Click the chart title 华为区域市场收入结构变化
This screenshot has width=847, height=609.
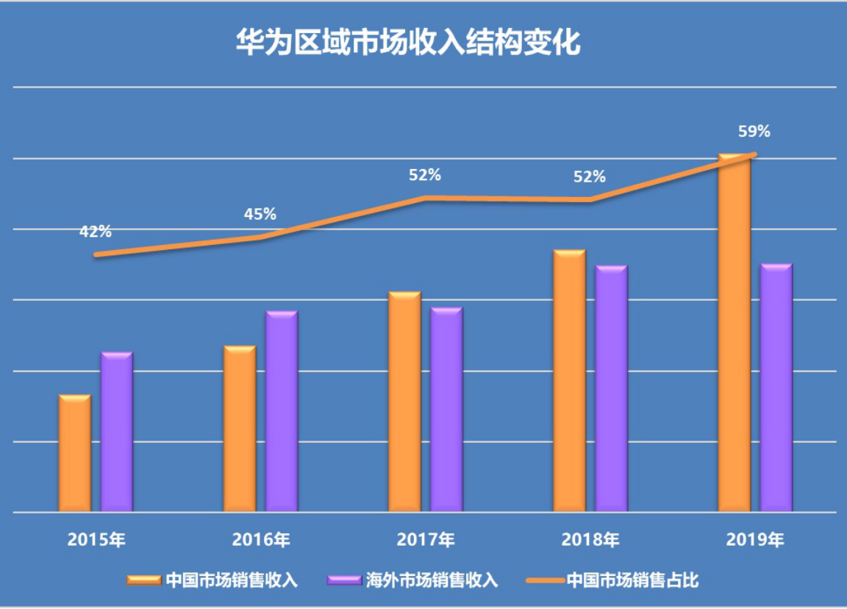(x=407, y=43)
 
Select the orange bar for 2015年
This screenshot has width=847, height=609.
(x=75, y=453)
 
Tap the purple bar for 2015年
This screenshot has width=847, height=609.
(x=117, y=432)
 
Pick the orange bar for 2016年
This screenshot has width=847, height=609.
(x=240, y=429)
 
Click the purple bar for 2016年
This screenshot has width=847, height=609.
(x=282, y=411)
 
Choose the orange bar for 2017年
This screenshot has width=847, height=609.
(x=404, y=402)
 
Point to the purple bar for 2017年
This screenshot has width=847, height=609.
(x=446, y=410)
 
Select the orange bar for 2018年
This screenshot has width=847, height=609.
(x=569, y=381)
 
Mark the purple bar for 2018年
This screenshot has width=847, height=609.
(x=611, y=388)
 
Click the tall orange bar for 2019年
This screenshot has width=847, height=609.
(x=734, y=332)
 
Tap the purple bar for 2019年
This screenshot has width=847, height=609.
(x=776, y=388)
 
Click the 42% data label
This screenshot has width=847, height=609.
(x=96, y=232)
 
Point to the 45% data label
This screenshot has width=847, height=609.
(x=260, y=214)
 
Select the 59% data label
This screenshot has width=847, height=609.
(x=754, y=132)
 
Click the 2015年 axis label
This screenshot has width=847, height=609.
(x=96, y=539)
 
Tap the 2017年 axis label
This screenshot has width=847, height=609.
(x=426, y=539)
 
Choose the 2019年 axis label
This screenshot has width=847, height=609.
(x=755, y=539)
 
